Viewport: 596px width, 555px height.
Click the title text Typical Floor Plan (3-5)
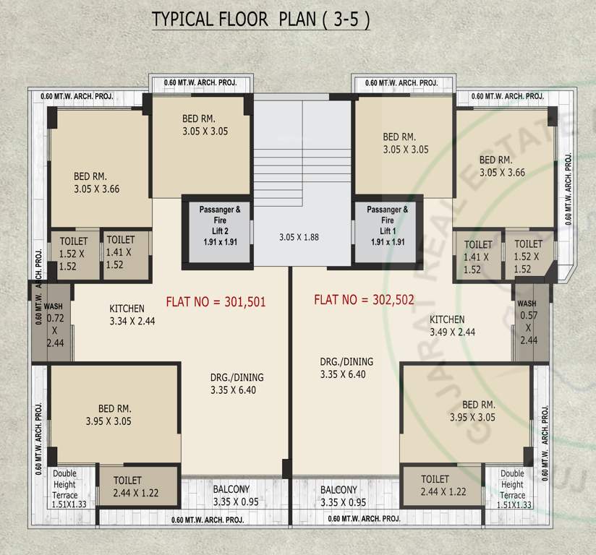coord(260,20)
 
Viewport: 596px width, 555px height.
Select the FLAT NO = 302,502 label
coord(365,299)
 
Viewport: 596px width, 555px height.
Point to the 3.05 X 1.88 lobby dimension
coord(299,237)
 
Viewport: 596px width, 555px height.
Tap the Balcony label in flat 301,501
coord(231,496)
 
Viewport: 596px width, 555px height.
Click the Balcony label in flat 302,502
coord(339,496)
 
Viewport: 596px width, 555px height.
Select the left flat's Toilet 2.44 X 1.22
coord(137,486)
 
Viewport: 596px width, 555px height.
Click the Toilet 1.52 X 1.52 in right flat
coord(528,257)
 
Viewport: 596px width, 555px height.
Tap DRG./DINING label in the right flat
coord(346,368)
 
